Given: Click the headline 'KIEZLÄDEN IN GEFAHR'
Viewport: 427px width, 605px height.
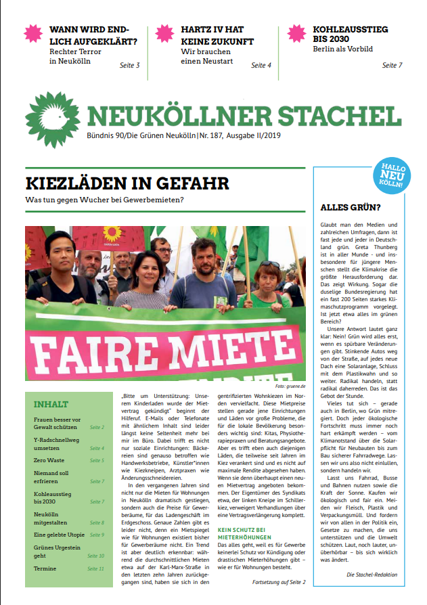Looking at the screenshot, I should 127,183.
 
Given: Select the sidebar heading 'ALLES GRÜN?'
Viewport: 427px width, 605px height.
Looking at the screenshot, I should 350,208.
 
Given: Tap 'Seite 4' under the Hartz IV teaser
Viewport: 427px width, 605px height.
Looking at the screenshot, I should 261,66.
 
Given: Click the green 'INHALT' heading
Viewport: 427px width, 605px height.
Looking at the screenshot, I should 51,405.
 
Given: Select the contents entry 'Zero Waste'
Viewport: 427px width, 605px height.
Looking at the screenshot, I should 49,460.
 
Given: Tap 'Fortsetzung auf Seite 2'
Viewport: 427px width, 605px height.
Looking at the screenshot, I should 279,582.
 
